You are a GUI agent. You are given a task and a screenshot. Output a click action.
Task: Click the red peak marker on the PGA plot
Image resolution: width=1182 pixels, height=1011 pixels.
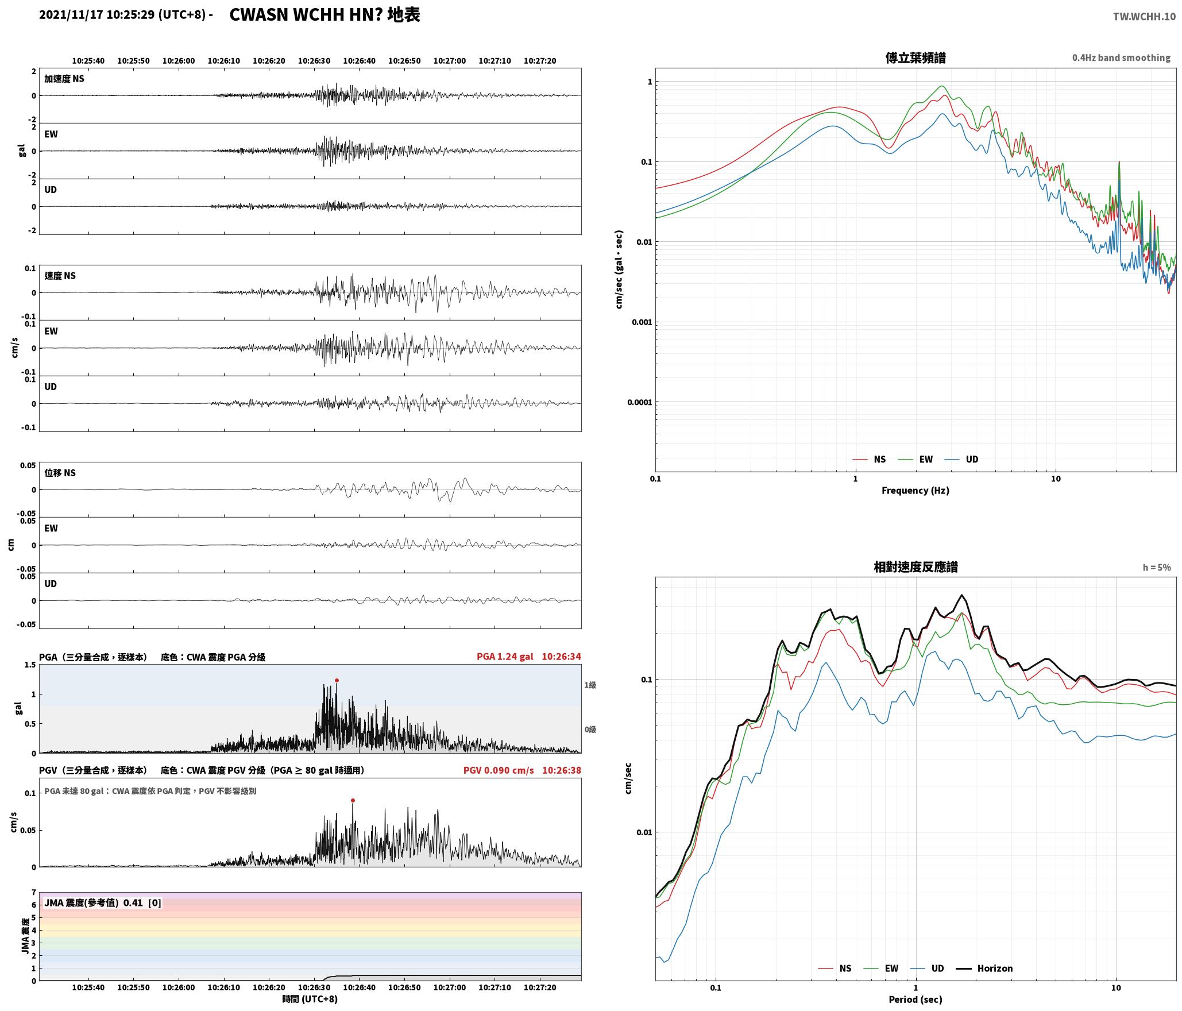tap(337, 680)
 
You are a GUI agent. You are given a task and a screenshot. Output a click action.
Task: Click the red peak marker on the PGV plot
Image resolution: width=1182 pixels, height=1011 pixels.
tap(353, 800)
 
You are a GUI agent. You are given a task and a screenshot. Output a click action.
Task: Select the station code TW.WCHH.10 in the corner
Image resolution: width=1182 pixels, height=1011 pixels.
tap(1144, 17)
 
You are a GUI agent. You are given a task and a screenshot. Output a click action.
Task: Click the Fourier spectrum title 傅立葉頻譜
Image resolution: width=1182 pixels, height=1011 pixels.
tap(916, 58)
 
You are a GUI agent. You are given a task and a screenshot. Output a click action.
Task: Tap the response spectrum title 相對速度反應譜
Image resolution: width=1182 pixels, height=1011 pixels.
tap(916, 567)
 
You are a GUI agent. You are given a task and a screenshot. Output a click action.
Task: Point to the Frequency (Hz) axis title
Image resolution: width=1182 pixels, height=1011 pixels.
tap(916, 490)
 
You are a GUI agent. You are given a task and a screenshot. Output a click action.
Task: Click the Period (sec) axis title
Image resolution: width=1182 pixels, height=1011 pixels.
tap(916, 999)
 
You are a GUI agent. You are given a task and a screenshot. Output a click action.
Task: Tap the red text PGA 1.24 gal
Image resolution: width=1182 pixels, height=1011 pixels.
tap(505, 657)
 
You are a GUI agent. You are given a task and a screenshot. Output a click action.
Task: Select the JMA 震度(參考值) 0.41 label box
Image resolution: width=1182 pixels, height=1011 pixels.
tap(102, 902)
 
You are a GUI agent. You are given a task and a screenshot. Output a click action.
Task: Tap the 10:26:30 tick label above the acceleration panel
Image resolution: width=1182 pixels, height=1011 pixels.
tap(314, 61)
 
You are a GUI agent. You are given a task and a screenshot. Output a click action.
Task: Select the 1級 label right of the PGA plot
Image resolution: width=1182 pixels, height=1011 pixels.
tap(590, 685)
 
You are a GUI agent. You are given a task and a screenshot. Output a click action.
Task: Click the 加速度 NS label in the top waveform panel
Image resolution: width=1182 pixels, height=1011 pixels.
tap(64, 79)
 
